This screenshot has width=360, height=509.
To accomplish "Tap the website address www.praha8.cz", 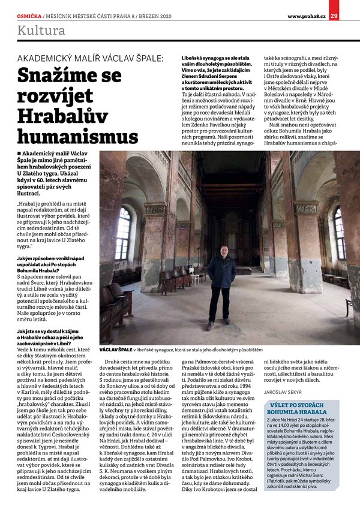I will (x=306, y=7).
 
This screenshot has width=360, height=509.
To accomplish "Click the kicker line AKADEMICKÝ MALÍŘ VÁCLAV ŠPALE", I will (x=90, y=58).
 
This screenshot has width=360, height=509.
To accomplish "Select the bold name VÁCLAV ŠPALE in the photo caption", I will (x=116, y=348).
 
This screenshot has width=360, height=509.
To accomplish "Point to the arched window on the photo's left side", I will (x=123, y=232).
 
